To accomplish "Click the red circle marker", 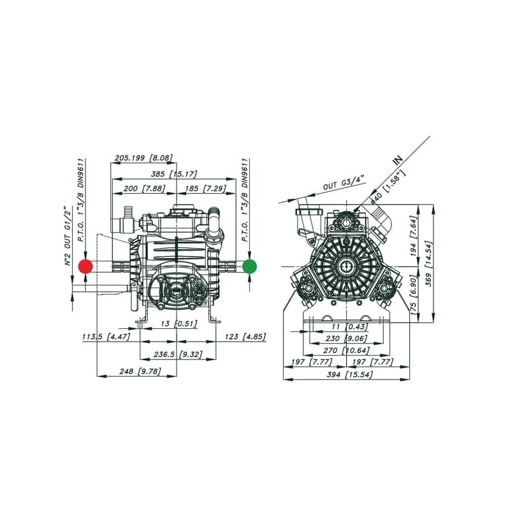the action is [85, 266].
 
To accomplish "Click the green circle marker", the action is [249, 266].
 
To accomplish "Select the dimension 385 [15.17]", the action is [174, 174].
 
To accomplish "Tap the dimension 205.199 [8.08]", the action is [143, 158].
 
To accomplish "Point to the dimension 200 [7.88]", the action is [145, 189].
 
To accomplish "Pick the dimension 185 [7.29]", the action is [205, 189].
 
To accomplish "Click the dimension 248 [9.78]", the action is [140, 371].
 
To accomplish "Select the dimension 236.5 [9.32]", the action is [178, 354].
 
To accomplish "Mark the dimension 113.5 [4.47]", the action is [106, 337].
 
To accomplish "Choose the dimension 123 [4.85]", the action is [245, 337].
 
